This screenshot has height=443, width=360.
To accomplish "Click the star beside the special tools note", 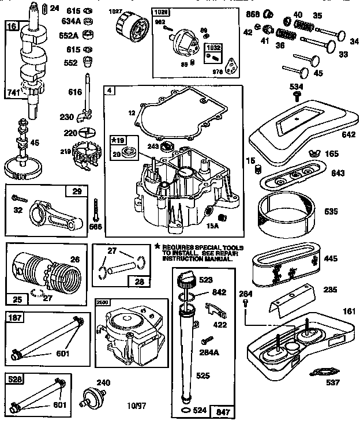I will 157,246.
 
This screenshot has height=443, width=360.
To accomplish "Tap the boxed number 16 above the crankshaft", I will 11,27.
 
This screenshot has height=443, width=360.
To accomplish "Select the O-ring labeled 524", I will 185,410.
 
